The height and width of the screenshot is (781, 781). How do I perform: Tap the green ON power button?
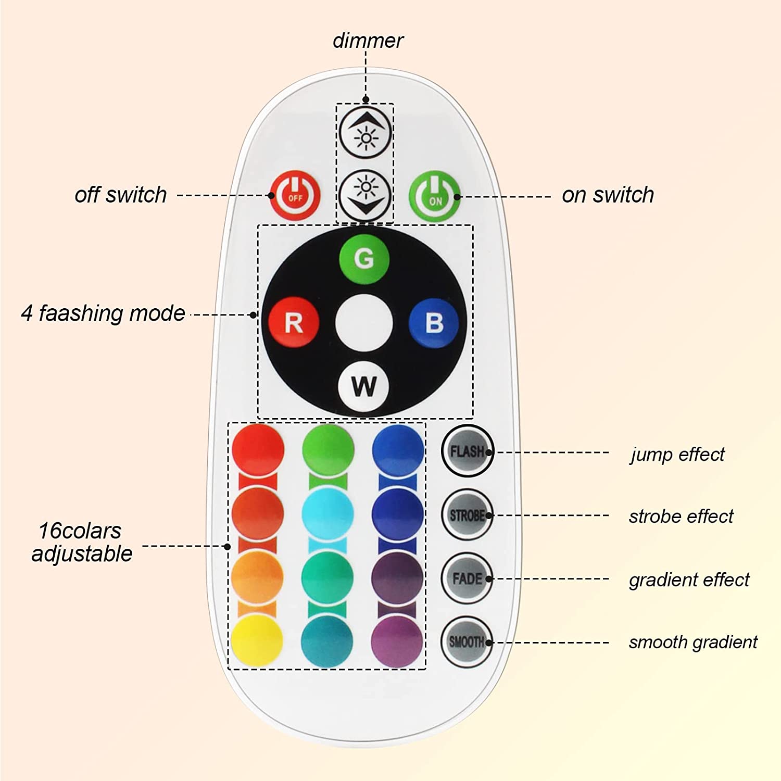pyautogui.click(x=435, y=196)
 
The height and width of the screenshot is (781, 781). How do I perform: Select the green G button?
pyautogui.click(x=364, y=258)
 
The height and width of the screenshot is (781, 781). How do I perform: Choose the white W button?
pyautogui.click(x=363, y=386)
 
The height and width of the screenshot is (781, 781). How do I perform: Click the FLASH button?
pyautogui.click(x=467, y=451)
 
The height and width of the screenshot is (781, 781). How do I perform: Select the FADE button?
pyautogui.click(x=467, y=578)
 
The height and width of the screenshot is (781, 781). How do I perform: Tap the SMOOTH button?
pyautogui.click(x=467, y=642)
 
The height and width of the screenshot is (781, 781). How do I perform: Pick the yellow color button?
pyautogui.click(x=257, y=641)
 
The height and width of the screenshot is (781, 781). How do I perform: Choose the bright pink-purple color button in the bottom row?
pyautogui.click(x=397, y=641)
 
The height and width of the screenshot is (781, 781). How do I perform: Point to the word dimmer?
pyautogui.click(x=368, y=41)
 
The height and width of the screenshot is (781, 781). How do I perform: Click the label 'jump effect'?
pyautogui.click(x=677, y=455)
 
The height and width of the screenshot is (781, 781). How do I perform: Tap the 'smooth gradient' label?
pyautogui.click(x=693, y=643)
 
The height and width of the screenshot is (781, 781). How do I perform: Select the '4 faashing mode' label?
pyautogui.click(x=103, y=313)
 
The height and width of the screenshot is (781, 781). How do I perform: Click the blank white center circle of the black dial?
pyautogui.click(x=363, y=323)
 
